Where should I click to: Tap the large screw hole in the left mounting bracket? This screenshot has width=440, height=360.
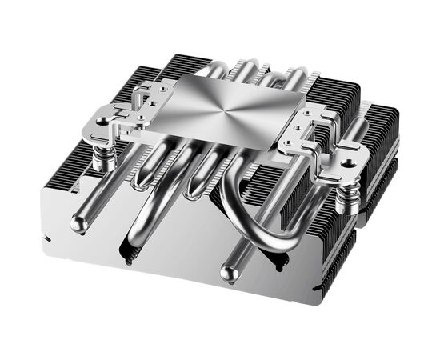(102, 122)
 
